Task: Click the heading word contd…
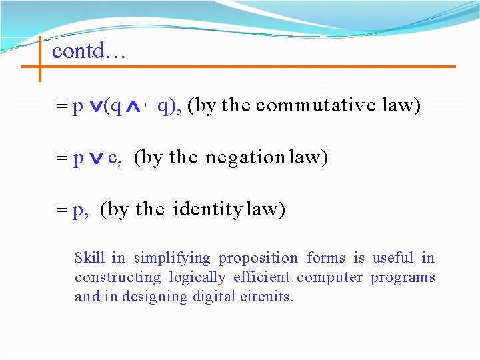coord(89,51)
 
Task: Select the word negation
coord(245,157)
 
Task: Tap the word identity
coord(207,209)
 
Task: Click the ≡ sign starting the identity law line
coord(62,210)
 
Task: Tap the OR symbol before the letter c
coord(96,159)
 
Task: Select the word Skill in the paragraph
coord(89,258)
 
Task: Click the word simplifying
coord(172,258)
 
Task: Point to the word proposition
coord(258,258)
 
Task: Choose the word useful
coord(393,258)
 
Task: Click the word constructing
coord(118,277)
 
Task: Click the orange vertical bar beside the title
coord(39,59)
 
